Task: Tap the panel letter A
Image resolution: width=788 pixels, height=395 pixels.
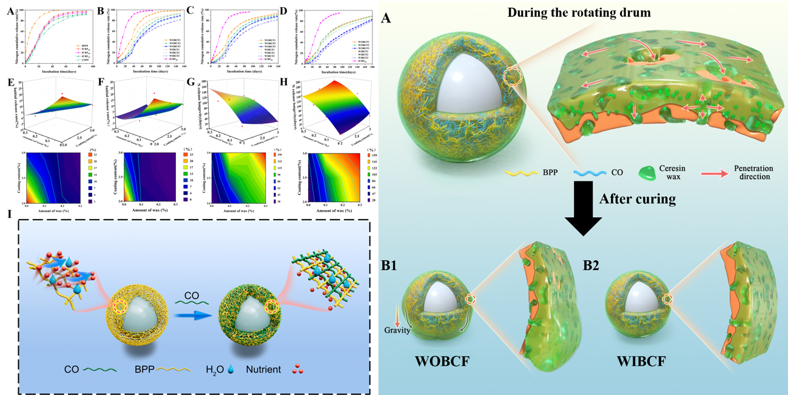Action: point(386,19)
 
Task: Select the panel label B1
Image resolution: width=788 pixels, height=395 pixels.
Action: point(395,265)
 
